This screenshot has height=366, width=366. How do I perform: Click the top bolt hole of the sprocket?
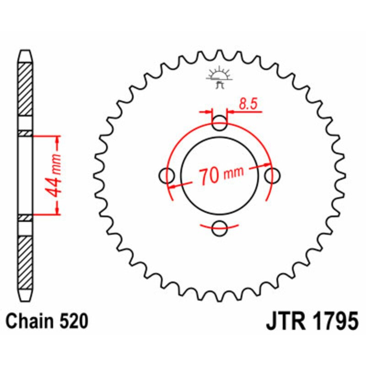pyautogui.click(x=220, y=122)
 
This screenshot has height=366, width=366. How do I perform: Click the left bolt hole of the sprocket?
pyautogui.click(x=167, y=175)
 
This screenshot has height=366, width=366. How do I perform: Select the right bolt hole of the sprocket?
pyautogui.click(x=273, y=175)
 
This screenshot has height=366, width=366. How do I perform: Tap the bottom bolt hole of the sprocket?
pyautogui.click(x=220, y=227)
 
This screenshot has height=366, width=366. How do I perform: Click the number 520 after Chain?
pyautogui.click(x=73, y=322)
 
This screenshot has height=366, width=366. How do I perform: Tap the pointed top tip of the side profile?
pyautogui.click(x=26, y=51)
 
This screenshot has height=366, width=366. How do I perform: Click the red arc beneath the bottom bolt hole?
pyautogui.click(x=220, y=226)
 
